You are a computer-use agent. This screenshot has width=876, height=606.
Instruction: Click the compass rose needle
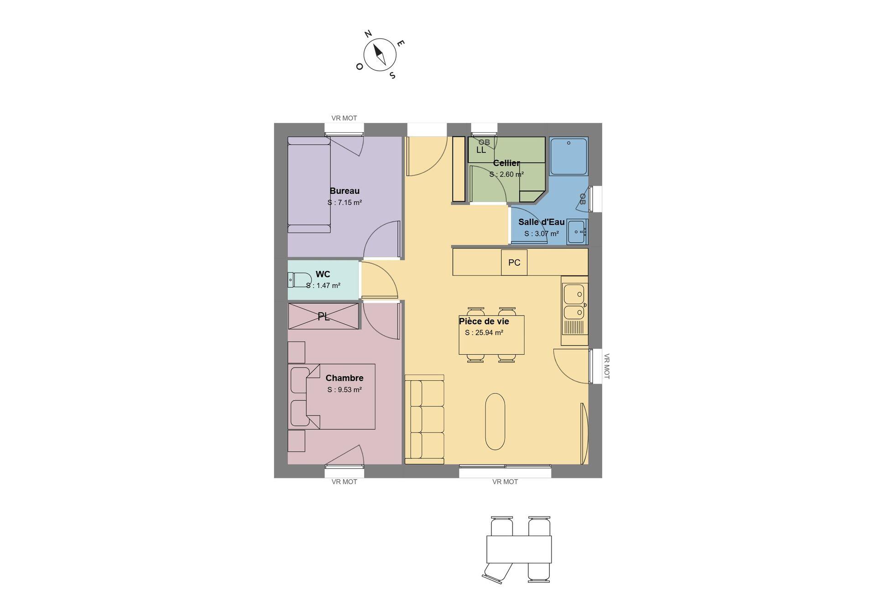click(380, 54)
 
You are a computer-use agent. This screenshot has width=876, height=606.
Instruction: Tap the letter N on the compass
click(368, 34)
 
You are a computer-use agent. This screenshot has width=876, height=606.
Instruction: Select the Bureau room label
click(344, 191)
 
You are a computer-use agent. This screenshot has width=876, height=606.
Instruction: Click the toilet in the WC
click(298, 280)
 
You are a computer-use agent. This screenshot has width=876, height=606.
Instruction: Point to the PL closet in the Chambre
click(323, 316)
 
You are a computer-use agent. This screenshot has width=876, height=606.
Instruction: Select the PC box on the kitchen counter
click(514, 263)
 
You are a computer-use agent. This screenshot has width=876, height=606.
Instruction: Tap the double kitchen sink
click(574, 302)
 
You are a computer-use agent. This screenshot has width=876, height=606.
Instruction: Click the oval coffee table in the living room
click(495, 421)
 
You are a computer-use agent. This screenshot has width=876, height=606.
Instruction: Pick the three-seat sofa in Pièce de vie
click(425, 420)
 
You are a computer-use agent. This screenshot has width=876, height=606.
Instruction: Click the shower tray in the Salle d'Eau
click(568, 156)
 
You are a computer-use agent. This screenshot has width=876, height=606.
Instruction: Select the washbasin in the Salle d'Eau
click(578, 232)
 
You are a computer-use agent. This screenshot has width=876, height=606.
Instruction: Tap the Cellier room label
click(506, 163)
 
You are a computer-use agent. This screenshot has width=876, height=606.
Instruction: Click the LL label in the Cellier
click(481, 150)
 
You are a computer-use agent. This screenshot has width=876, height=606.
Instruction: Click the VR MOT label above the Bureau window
click(344, 118)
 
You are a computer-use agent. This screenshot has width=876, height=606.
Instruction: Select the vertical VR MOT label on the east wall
click(607, 366)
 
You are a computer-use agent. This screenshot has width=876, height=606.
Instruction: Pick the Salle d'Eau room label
click(542, 222)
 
